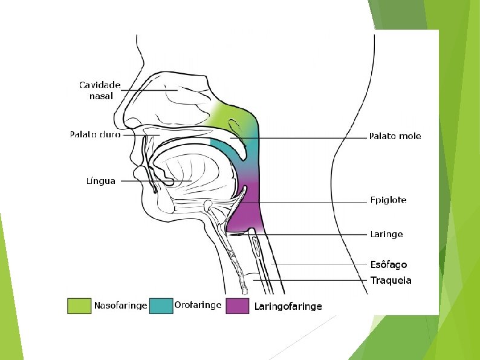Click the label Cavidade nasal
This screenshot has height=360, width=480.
[x=100, y=90]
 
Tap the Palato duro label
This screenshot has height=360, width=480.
[x=95, y=134]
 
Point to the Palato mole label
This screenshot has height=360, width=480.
[x=395, y=136]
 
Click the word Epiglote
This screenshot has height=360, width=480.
[x=388, y=200]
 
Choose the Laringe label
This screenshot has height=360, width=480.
[x=386, y=234]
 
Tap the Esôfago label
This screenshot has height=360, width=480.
[x=388, y=264]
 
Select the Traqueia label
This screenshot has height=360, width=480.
[x=391, y=280]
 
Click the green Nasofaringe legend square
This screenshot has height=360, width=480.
[x=78, y=306]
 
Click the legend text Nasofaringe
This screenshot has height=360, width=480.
[x=120, y=306]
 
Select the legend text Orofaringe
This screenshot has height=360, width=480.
[x=198, y=305]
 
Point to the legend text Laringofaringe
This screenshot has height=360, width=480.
[x=288, y=306]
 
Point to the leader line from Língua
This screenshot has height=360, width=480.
[x=145, y=180]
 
